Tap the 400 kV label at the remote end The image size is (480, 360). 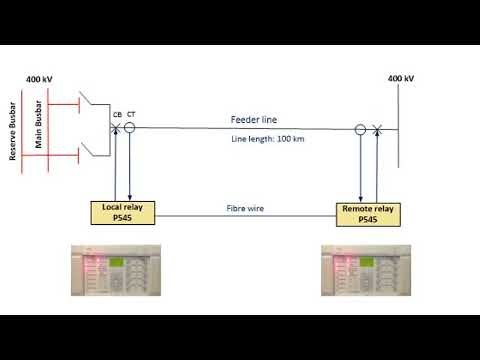pos(400,78)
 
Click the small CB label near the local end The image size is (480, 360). pos(118,115)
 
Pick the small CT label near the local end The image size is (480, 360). pos(131,115)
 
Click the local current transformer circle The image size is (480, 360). pos(129,128)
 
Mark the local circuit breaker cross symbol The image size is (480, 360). pos(117,128)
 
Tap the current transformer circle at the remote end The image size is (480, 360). pos(360,129)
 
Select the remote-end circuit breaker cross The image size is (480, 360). pos(376,129)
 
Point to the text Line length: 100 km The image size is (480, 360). pos(267,138)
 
